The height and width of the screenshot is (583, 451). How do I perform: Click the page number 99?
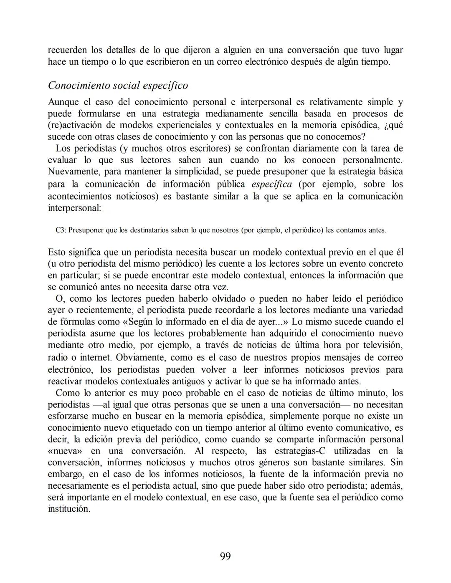225,556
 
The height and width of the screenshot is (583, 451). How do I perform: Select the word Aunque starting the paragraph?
63,102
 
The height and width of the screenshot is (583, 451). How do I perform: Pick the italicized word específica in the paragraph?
271,184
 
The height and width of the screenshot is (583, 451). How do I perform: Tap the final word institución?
69,509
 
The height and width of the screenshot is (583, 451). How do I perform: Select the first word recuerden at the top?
67,50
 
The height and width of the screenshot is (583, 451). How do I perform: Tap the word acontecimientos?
79,197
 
